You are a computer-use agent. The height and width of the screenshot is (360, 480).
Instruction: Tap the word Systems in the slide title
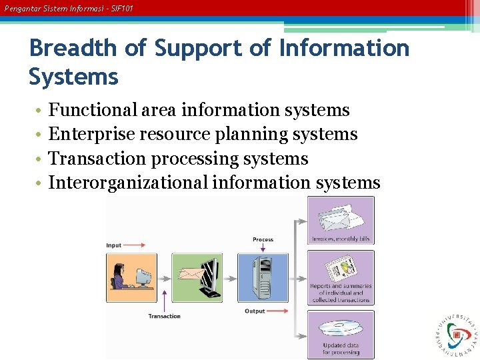pyautogui.click(x=73, y=77)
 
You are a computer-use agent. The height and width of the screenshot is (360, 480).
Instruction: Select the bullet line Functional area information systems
pyautogui.click(x=199, y=109)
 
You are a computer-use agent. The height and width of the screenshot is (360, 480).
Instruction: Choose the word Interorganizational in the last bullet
pyautogui.click(x=128, y=182)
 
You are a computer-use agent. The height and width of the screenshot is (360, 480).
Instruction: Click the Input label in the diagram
pyautogui.click(x=114, y=245)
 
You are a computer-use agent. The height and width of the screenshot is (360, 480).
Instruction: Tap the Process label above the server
pyautogui.click(x=263, y=239)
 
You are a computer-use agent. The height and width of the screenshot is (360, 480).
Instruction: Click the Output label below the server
pyautogui.click(x=255, y=311)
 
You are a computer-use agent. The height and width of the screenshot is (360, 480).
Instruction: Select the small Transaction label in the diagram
pyautogui.click(x=164, y=316)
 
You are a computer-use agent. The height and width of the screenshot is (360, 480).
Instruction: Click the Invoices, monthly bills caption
pyautogui.click(x=340, y=239)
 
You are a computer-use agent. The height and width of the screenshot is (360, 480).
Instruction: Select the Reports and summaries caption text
pyautogui.click(x=341, y=293)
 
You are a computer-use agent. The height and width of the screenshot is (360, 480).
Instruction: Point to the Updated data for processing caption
pyautogui.click(x=341, y=349)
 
